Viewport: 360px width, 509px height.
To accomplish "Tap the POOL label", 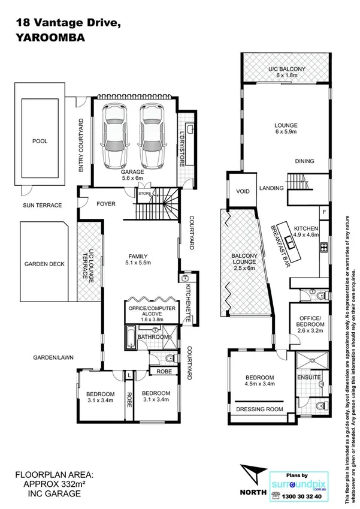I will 40,141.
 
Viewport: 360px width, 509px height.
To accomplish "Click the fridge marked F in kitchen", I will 324,212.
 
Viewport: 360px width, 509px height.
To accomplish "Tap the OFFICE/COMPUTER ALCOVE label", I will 149,312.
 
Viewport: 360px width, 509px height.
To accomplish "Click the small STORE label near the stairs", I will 144,194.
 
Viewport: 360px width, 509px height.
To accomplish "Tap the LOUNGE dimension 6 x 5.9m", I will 286,134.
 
